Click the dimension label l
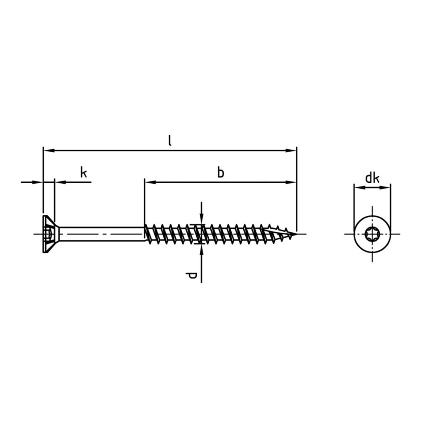coord(170,141)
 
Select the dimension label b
coord(220,172)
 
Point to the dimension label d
coord(192,276)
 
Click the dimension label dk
coord(372,179)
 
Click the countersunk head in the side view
coord(49,234)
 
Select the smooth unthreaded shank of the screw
coord(102,234)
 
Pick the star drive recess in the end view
coord(372,233)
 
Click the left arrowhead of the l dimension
coord(47,150)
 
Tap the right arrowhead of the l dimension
coord(292,150)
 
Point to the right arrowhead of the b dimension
coord(292,182)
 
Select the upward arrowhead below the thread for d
coord(201,249)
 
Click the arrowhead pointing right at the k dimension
coord(39,182)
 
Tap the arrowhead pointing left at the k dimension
coord(59,182)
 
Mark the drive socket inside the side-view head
coord(49,234)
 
